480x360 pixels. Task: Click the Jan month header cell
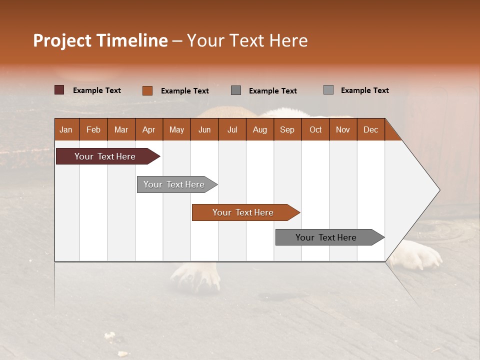coord(66,129)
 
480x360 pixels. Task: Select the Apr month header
coord(149,129)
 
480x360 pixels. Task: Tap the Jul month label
coord(232,129)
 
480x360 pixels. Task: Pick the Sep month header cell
coord(287,129)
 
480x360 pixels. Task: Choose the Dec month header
coord(370,129)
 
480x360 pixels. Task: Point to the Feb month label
coord(93,129)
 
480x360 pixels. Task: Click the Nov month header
coord(343,129)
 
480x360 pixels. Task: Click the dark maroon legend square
coord(59,90)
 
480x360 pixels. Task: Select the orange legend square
coord(147,90)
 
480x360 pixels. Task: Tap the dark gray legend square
coord(236,90)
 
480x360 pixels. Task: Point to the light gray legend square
coord(328,90)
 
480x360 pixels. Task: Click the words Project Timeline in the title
coord(100,40)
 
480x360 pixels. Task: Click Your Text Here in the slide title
coord(247,40)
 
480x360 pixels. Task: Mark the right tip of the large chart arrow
coord(439,190)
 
